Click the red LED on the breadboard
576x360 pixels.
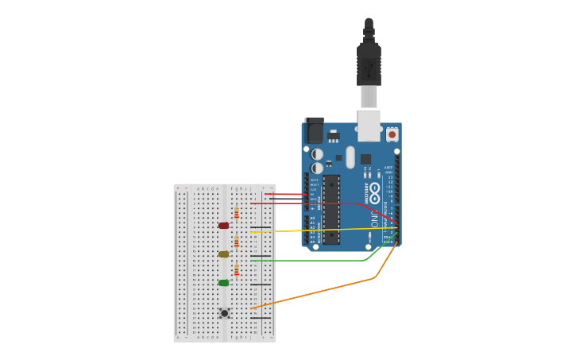pos(223,226)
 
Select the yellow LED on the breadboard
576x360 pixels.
pos(223,254)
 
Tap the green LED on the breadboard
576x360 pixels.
pos(223,283)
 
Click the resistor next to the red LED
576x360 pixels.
pos(236,212)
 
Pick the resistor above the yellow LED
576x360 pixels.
pos(236,241)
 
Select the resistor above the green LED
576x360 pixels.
pos(236,269)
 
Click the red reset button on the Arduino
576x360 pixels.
pos(392,135)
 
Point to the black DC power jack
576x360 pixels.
pos(315,130)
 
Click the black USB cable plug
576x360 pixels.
pos(369,64)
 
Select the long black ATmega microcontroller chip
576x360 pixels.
pos(331,209)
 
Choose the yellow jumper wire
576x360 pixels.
pos(318,230)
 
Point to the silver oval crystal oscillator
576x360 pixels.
pos(350,157)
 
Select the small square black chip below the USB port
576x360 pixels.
pos(365,159)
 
